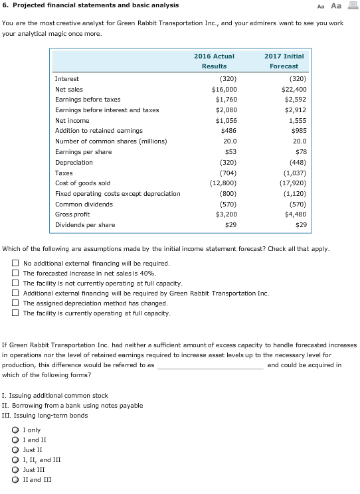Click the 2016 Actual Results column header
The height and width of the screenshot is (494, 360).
(214, 61)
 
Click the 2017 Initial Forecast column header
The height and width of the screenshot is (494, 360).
(284, 61)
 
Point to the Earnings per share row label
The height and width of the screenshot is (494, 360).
(83, 152)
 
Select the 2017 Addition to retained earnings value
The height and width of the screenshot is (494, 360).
(296, 131)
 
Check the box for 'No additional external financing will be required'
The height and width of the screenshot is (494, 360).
(15, 264)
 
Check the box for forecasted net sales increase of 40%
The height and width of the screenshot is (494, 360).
(15, 274)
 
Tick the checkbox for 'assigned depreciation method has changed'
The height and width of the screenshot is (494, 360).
(15, 303)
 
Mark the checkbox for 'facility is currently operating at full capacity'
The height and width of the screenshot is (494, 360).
(15, 313)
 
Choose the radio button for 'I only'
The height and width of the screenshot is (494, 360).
(15, 430)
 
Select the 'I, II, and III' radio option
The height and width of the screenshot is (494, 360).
(15, 460)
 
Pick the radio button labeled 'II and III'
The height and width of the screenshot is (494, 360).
(15, 480)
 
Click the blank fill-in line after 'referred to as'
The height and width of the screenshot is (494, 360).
(210, 365)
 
